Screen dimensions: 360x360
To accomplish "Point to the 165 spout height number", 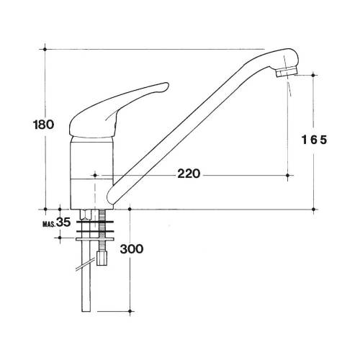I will (x=314, y=140).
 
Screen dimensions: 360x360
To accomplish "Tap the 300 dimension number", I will (x=132, y=249).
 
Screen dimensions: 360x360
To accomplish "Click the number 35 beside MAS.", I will (x=63, y=223).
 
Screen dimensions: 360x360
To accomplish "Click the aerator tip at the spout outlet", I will (x=288, y=73).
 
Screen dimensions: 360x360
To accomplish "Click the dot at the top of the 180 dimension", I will (x=45, y=49).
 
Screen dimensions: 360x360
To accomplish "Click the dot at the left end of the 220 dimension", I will (x=94, y=174).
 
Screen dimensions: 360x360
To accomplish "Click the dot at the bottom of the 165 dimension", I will (x=315, y=210).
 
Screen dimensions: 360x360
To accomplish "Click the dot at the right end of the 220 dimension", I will (x=289, y=174).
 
